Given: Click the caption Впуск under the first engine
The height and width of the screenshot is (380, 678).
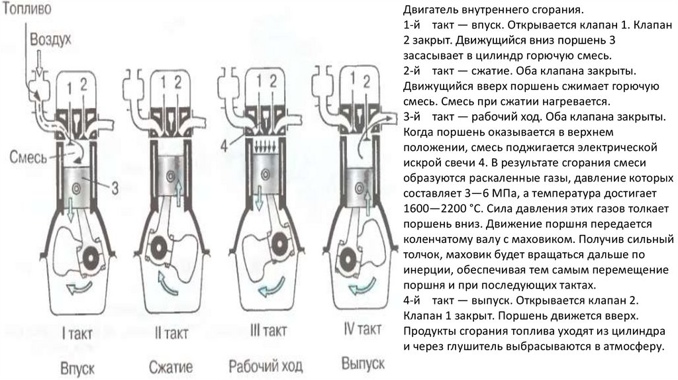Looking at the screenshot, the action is [76, 365].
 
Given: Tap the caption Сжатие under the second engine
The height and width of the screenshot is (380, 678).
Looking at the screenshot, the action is [170, 365].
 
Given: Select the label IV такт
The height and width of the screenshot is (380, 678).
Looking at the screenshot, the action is [363, 329].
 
